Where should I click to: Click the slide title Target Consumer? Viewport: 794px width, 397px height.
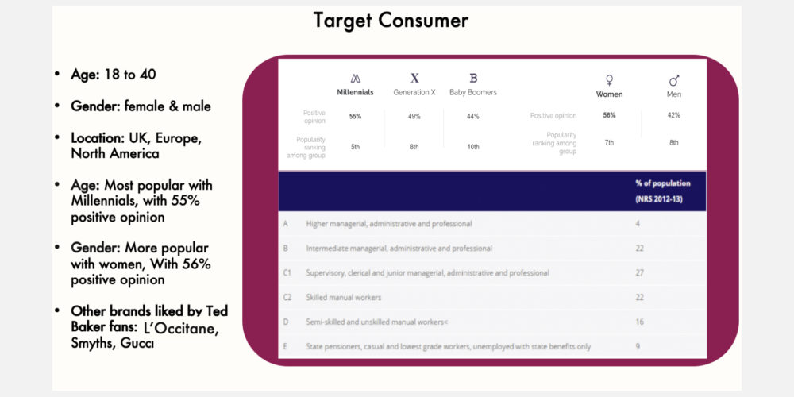click(x=391, y=21)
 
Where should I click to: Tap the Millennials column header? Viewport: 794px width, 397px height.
click(x=356, y=93)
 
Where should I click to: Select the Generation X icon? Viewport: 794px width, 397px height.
click(x=414, y=78)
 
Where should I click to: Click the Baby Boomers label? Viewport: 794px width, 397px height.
click(x=473, y=93)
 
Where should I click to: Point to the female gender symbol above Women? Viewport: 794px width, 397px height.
click(x=609, y=80)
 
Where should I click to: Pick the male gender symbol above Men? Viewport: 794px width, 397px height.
click(x=674, y=80)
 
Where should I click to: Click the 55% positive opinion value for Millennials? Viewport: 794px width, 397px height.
click(x=355, y=117)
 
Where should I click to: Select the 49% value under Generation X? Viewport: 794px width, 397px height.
click(x=414, y=117)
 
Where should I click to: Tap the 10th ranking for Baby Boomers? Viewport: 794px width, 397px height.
click(x=473, y=147)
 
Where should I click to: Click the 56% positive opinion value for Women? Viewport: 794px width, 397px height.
click(x=609, y=115)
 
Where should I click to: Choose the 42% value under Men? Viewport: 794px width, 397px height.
click(x=674, y=115)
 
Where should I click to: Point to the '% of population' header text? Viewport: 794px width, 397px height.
click(x=663, y=183)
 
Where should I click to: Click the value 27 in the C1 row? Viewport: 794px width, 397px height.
click(x=639, y=273)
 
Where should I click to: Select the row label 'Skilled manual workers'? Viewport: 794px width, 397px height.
click(x=344, y=297)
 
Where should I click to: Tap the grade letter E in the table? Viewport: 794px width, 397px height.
click(x=286, y=347)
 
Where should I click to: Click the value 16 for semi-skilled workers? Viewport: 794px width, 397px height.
click(x=639, y=322)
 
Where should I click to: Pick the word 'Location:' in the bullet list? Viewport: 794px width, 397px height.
click(x=99, y=138)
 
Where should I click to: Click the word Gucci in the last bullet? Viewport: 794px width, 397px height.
click(x=137, y=343)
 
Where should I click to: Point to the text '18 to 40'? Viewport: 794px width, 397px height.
click(x=130, y=75)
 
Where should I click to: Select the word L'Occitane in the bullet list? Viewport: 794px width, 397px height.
click(x=181, y=328)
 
